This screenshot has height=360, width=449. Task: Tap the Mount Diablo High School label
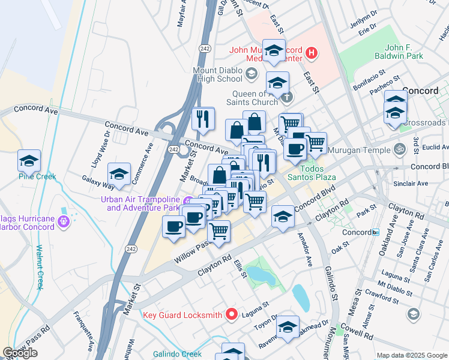(x=217, y=74)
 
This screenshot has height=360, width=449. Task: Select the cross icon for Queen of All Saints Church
(x=287, y=97)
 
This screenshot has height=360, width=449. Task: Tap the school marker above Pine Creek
(x=29, y=161)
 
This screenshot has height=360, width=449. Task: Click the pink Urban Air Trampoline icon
(x=188, y=200)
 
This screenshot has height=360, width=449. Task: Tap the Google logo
(x=20, y=353)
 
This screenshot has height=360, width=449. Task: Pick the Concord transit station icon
(x=375, y=232)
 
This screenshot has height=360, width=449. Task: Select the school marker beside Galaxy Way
(x=119, y=174)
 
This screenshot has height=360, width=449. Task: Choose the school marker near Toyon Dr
(x=288, y=327)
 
